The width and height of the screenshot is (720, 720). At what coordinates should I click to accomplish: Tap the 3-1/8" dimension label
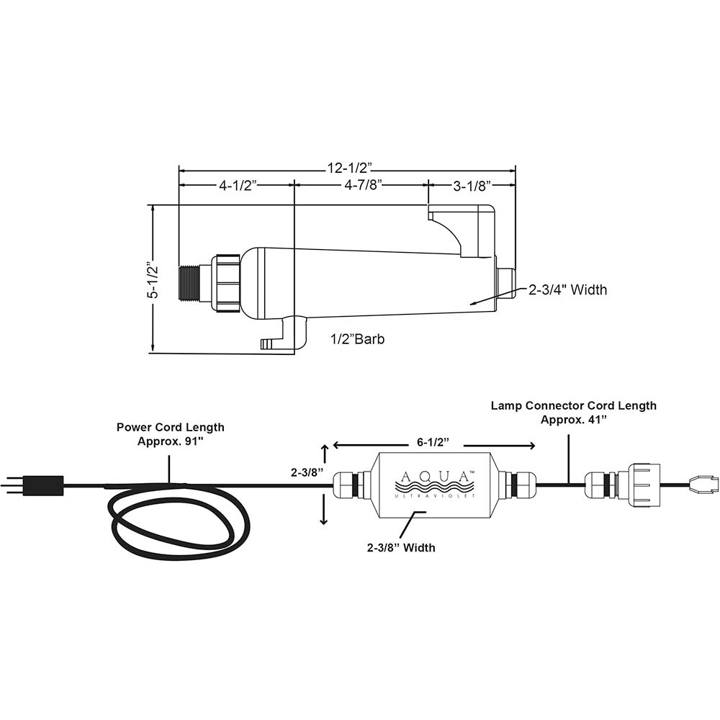(x=472, y=185)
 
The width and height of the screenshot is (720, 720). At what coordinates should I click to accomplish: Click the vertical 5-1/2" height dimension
(x=152, y=279)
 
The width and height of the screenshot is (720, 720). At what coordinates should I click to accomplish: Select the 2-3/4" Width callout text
(x=568, y=290)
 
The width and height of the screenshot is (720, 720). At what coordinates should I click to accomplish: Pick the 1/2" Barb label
(x=357, y=339)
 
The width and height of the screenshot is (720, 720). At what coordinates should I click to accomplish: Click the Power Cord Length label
(x=171, y=434)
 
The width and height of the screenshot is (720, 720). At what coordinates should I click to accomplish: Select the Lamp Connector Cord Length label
(x=574, y=413)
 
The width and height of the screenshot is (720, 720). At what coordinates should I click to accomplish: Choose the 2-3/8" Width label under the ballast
(x=401, y=548)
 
